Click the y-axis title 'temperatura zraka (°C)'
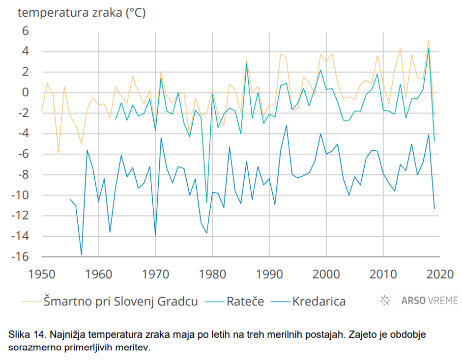82,13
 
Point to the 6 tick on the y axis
25,31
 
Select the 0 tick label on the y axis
25,92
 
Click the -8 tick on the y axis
22,175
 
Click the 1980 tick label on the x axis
212,274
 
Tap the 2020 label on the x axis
440,274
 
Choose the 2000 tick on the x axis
326,274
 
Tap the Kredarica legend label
318,301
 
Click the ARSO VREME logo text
430,301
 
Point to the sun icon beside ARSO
385,301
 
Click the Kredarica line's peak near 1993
287,125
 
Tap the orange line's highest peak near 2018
429,40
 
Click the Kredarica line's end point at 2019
434,209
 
